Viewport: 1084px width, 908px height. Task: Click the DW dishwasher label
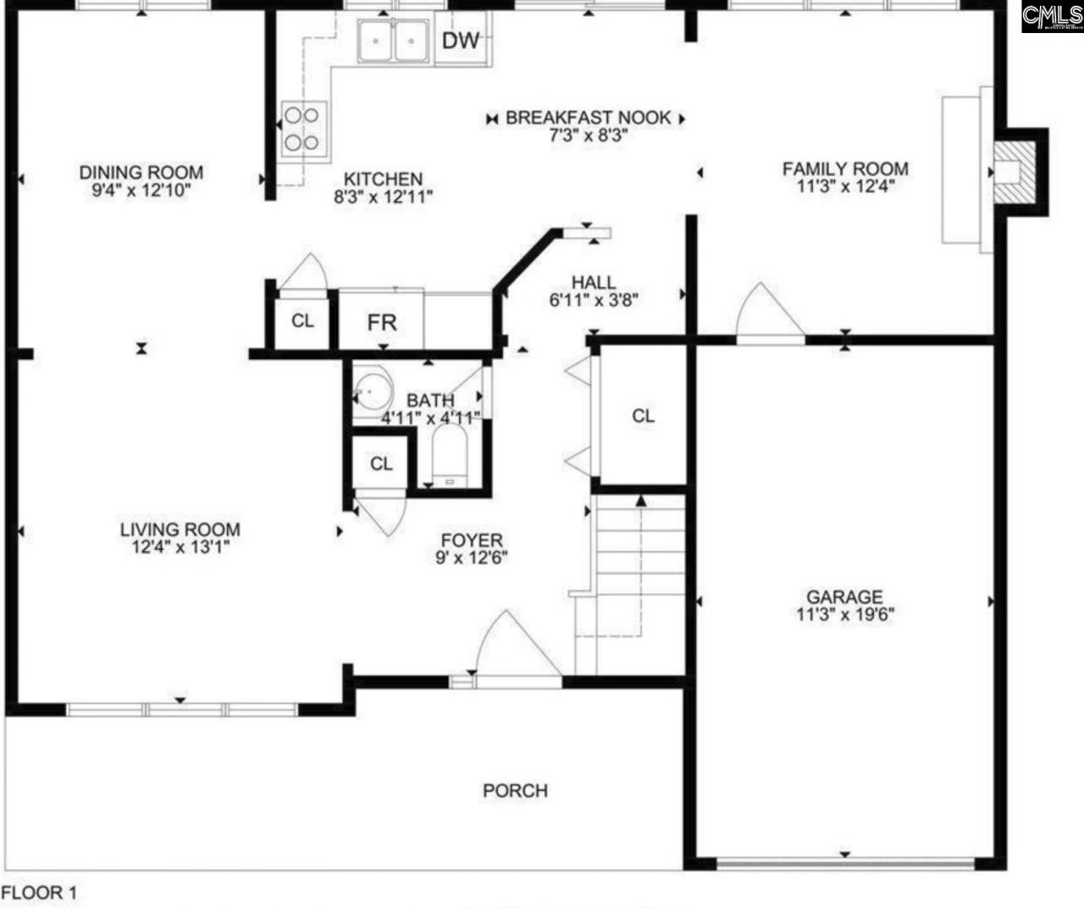click(461, 40)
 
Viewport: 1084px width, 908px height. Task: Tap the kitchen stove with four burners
click(303, 128)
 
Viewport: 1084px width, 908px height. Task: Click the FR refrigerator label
click(382, 322)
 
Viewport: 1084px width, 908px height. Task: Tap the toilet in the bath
click(449, 456)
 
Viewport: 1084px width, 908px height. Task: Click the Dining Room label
click(141, 173)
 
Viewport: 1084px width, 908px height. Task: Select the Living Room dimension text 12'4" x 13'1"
click(180, 547)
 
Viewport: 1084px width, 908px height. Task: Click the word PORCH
click(515, 790)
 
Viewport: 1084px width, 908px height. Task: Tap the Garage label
click(844, 597)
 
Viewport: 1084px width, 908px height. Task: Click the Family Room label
click(844, 168)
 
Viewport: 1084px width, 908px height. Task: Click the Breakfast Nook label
click(588, 118)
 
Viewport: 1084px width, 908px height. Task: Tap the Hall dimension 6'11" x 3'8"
click(593, 299)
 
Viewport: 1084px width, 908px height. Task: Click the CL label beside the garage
click(644, 415)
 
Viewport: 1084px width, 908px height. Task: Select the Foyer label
click(472, 541)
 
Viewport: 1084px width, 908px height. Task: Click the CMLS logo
click(1052, 16)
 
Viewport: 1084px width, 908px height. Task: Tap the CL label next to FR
click(302, 321)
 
